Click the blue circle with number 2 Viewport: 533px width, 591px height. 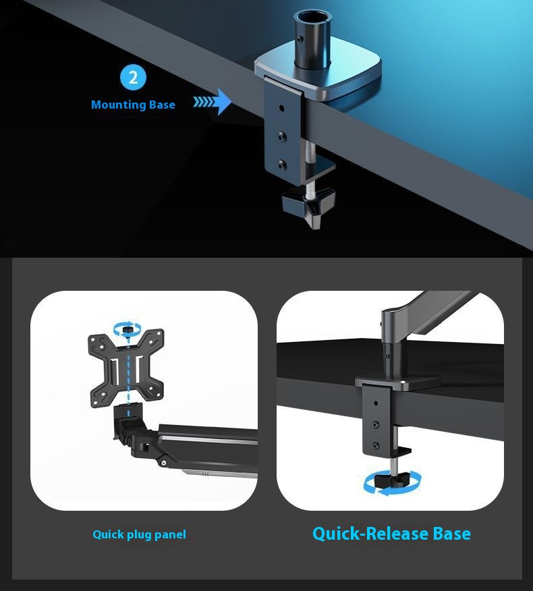point(133,78)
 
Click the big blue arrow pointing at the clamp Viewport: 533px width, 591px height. point(213,102)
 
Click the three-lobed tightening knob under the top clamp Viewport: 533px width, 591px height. point(309,206)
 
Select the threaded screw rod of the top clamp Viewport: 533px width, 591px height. point(310,169)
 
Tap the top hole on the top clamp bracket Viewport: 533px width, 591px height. point(281,108)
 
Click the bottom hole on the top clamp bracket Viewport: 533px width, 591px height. point(281,165)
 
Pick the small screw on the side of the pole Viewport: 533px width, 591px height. point(300,39)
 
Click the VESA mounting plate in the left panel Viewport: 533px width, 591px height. point(126,368)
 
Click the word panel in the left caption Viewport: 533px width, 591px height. point(170,535)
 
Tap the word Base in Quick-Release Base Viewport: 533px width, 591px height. point(451,534)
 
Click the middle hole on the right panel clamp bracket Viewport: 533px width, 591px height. point(376,424)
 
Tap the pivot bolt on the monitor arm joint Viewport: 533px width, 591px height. point(163,463)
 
